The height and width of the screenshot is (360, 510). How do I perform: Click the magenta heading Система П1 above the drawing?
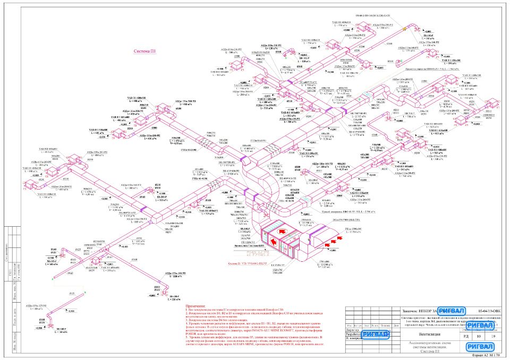144,51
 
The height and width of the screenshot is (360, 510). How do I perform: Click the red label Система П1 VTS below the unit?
252,263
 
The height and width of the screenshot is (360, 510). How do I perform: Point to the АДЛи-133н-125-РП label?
33,306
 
